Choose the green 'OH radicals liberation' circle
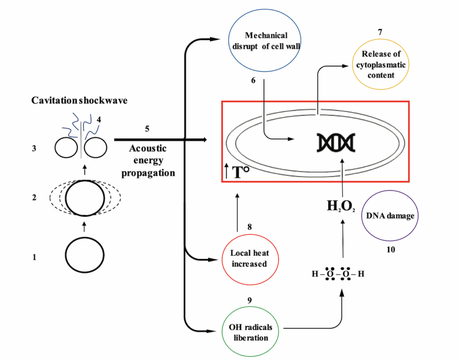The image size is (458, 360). pyautogui.click(x=250, y=332)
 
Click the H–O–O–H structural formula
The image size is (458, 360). pyautogui.click(x=338, y=274)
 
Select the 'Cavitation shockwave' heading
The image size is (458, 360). pyautogui.click(x=79, y=101)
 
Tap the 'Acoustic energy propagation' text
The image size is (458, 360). pyautogui.click(x=148, y=160)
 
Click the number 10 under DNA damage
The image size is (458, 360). pyautogui.click(x=390, y=250)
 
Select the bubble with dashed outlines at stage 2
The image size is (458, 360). pyautogui.click(x=85, y=197)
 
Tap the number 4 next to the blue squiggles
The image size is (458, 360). pyautogui.click(x=99, y=119)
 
